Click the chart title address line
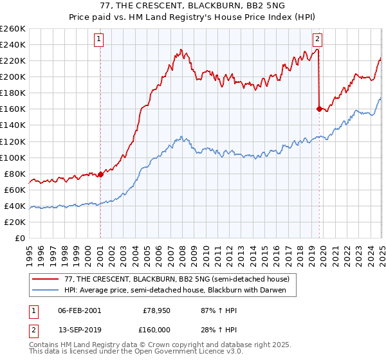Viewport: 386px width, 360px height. tap(193, 6)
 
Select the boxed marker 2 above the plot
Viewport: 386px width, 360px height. tap(318, 39)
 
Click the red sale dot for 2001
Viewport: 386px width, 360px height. tap(100, 174)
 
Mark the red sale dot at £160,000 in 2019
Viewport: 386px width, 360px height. tap(319, 109)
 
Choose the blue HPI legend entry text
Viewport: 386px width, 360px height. tap(179, 291)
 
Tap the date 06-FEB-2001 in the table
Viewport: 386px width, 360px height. tap(79, 310)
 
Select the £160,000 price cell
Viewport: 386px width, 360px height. tap(155, 330)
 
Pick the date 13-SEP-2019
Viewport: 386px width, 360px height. tap(79, 330)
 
